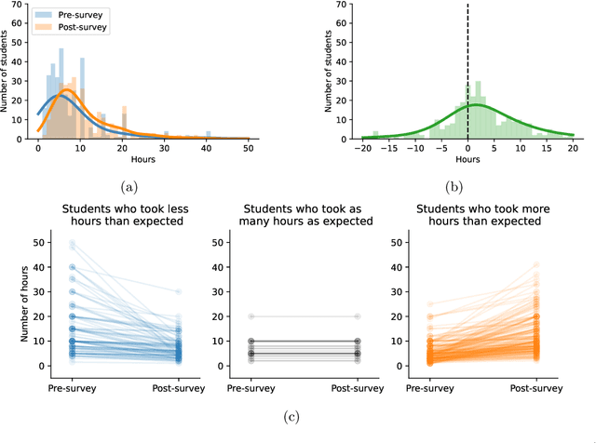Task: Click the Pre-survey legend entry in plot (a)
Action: pos(76,16)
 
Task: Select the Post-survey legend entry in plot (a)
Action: pos(79,27)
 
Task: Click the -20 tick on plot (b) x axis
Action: pos(362,148)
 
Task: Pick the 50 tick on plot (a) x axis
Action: pos(249,148)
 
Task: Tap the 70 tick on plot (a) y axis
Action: pos(20,4)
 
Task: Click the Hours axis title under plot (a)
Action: pos(142,159)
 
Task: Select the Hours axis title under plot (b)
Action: pos(467,159)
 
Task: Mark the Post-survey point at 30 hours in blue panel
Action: pos(177,291)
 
